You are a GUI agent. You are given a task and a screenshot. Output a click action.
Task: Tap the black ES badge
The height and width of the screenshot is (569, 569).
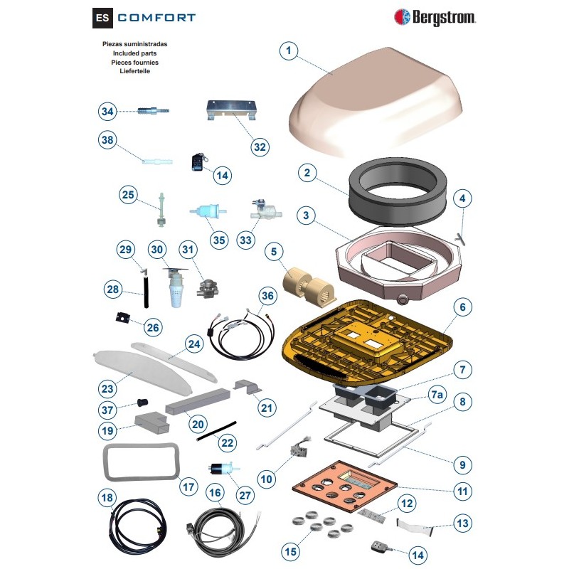coord(103,17)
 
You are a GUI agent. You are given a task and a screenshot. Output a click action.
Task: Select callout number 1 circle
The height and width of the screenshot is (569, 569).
coord(288,50)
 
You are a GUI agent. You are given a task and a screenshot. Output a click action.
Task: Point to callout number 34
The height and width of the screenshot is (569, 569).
coord(107,112)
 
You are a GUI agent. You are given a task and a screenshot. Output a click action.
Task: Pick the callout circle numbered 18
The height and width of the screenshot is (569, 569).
coord(107,498)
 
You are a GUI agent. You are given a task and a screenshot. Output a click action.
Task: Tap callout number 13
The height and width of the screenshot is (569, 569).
coord(462,524)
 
